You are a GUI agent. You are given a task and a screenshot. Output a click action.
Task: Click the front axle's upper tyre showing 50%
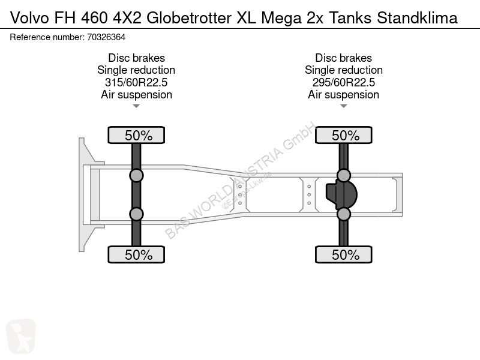tap(136, 135)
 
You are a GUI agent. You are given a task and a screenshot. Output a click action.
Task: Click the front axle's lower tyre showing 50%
tap(136, 254)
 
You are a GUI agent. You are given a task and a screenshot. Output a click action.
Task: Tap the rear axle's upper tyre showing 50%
tap(343, 135)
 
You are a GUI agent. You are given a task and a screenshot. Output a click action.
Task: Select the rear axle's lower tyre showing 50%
tap(343, 254)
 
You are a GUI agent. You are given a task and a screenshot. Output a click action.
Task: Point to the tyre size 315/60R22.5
tap(136, 82)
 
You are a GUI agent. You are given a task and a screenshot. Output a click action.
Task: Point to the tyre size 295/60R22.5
tap(343, 82)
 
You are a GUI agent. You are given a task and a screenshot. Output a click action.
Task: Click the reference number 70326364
tap(106, 37)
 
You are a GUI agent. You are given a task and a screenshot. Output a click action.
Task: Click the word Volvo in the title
tap(29, 18)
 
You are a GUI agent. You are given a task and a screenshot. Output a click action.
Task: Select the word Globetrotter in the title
tap(189, 18)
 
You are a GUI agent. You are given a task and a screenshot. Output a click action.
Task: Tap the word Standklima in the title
tap(417, 18)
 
